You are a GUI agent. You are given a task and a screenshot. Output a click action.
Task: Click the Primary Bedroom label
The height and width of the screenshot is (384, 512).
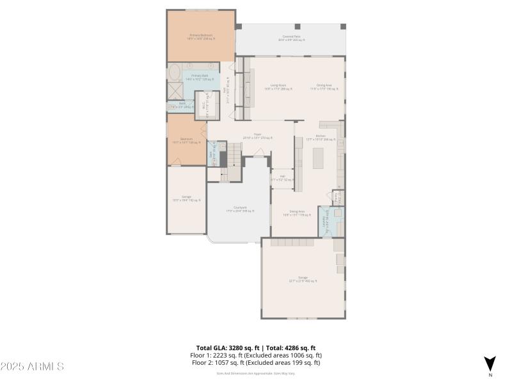tap(200, 36)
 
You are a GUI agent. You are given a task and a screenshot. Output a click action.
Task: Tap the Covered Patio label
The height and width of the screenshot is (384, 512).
tap(291, 38)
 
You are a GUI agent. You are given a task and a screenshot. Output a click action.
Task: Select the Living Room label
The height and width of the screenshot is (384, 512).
tap(278, 86)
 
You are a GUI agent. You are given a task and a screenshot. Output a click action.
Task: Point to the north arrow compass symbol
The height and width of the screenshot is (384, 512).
tap(490, 364)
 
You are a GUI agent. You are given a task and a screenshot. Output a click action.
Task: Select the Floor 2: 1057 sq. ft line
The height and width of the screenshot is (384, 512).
tap(255, 362)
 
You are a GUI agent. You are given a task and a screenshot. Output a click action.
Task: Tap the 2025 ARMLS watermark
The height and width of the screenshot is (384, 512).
tap(32, 366)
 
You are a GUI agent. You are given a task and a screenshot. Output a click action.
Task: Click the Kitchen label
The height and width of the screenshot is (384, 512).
tap(321, 137)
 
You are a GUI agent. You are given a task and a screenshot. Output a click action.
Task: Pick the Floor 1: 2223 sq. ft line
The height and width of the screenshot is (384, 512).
tap(255, 355)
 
